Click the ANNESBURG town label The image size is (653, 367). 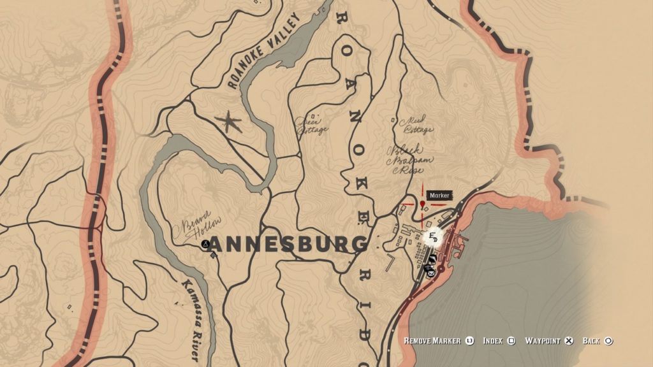click(289, 244)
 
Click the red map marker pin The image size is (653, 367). click(423, 205)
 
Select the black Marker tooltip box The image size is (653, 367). click(439, 196)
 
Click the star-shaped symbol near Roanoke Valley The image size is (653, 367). click(228, 121)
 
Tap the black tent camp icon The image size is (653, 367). click(205, 244)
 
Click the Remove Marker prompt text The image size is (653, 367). click(432, 341)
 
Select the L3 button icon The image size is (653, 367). click(470, 341)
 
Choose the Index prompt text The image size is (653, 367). click(494, 341)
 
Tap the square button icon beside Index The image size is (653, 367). click(511, 341)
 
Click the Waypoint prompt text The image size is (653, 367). click(543, 341)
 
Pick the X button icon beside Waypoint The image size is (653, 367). click(570, 341)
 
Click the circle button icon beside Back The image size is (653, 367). click(608, 341)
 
